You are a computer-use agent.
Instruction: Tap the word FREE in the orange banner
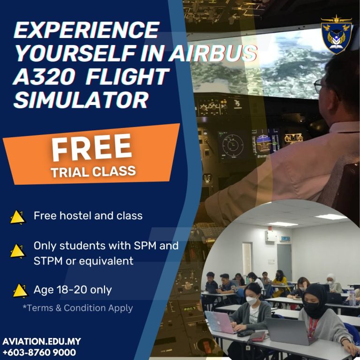tap(91, 147)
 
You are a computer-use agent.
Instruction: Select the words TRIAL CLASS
tap(93, 172)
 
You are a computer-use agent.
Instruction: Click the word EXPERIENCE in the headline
tap(87, 30)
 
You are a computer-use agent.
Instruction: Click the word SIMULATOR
tap(81, 100)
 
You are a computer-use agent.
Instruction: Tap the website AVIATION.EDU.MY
tap(42, 341)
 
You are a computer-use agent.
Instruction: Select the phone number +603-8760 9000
tap(39, 352)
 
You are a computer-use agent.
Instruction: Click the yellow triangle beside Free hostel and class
tap(18, 217)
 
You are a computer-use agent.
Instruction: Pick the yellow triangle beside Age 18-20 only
tap(21, 291)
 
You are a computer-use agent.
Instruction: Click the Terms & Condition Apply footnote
tap(78, 308)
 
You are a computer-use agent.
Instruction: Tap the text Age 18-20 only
tap(73, 290)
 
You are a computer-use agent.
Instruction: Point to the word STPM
tap(48, 261)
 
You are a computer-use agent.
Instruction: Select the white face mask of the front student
tap(251, 300)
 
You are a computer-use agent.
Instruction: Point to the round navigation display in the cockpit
tap(232, 145)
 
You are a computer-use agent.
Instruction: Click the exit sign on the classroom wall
tap(285, 239)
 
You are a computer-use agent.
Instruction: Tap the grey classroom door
tap(284, 259)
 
